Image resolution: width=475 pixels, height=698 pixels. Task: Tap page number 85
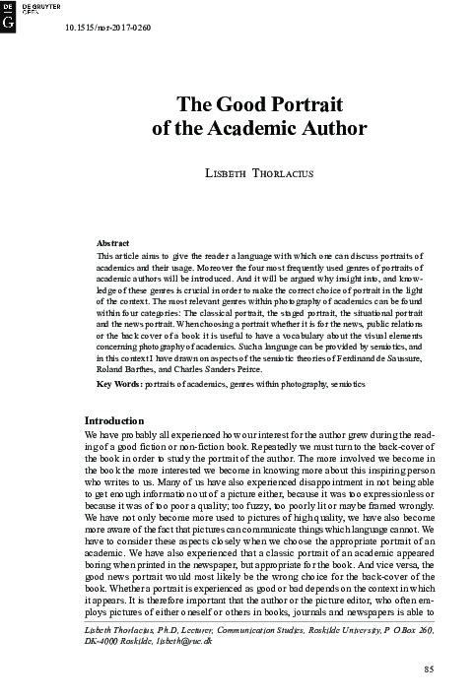pyautogui.click(x=428, y=671)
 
